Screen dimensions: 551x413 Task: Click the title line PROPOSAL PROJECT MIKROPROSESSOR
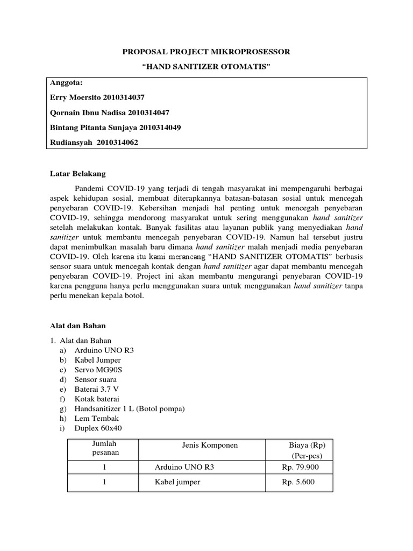206,52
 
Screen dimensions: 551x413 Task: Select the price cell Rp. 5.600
298,482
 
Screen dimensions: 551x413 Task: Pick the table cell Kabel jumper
177,482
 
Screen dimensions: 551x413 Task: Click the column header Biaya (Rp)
307,446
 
